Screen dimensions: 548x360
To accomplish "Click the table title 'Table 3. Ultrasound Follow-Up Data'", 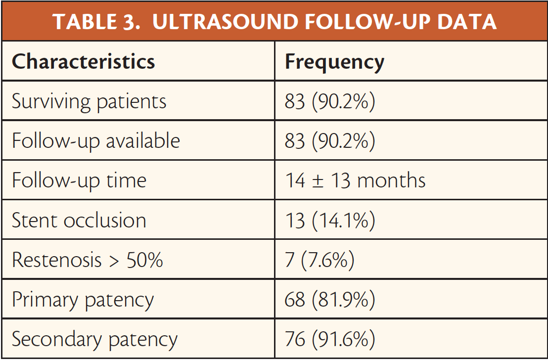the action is [274, 22].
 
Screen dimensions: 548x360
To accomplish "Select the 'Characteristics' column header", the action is [83, 61].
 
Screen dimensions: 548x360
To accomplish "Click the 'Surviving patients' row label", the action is [89, 102].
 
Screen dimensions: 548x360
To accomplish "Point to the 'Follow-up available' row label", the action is [96, 141].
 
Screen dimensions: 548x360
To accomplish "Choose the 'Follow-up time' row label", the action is [79, 181].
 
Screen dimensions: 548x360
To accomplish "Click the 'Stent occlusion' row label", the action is [79, 220].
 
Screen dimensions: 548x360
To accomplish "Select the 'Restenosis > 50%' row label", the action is [88, 260].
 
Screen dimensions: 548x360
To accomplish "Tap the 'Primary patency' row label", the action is [83, 300].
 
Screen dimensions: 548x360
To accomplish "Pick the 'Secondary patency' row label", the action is [94, 340].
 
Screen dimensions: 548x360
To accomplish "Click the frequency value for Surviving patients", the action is [330, 102].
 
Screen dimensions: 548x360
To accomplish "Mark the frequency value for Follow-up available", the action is [330, 141].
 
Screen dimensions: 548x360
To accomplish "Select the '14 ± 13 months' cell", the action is [356, 180].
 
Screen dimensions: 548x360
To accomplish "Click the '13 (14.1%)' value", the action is [330, 221].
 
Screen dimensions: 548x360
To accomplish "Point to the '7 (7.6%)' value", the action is [320, 260].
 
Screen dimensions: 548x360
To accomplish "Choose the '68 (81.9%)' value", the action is [330, 300].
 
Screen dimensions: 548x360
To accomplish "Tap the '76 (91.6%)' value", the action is [330, 339].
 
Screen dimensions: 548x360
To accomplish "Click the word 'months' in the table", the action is [391, 180].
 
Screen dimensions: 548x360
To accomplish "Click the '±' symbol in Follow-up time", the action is [318, 181].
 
